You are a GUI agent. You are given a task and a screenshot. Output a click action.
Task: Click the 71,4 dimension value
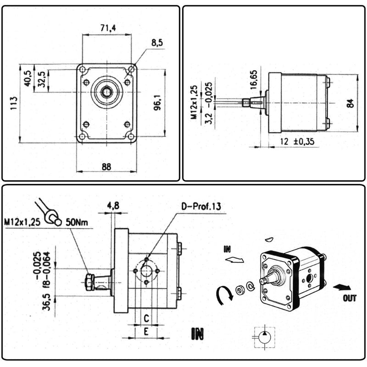(x=108, y=28)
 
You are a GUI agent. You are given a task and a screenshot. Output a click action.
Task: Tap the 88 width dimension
(x=106, y=167)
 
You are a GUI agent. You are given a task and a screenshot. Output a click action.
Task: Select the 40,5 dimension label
(x=28, y=78)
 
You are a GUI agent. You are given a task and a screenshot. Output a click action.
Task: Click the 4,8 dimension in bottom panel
(x=113, y=206)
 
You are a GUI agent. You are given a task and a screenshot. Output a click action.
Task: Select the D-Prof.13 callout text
(x=200, y=207)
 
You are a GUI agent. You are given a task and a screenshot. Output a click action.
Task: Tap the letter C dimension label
(x=146, y=317)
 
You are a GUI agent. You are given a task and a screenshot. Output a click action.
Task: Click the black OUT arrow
(x=340, y=287)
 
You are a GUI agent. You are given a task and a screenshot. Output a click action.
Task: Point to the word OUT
(x=350, y=298)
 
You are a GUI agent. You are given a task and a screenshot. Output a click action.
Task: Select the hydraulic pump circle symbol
(x=264, y=338)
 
